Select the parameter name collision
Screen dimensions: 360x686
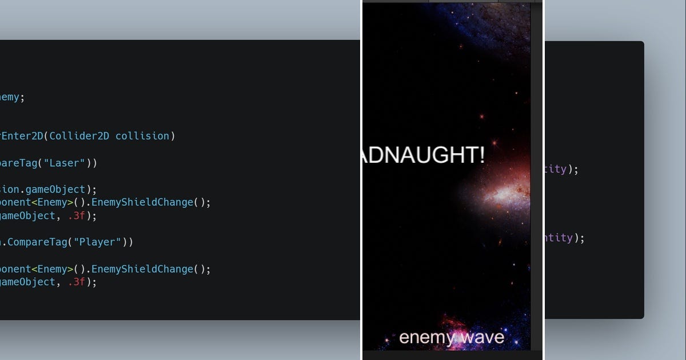(x=143, y=136)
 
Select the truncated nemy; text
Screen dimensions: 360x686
(x=11, y=97)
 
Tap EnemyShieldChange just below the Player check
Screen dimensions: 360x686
(x=142, y=269)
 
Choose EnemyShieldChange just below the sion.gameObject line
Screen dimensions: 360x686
(x=142, y=202)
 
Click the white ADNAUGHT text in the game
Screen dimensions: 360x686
(x=420, y=155)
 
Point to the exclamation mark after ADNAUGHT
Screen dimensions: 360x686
(x=482, y=155)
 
